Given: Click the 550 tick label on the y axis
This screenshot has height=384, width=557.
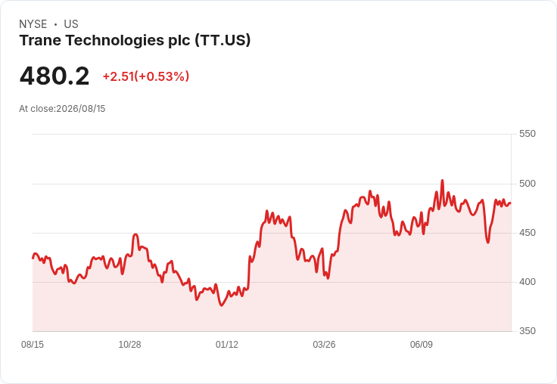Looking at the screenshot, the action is pos(527,134).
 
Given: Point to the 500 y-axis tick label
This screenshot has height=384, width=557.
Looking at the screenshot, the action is pos(527,184).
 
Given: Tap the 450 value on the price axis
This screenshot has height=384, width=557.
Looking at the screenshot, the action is pos(527,233).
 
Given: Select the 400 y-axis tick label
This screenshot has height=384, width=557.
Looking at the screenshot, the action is pos(527,282).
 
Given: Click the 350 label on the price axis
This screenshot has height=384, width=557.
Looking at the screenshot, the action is pos(527,331).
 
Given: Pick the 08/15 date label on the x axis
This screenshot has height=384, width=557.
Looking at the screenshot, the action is pos(33,344).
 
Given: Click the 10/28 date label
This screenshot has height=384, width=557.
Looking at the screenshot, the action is pos(129,344).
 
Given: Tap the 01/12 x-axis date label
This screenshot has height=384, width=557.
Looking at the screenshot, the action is pos(227,344).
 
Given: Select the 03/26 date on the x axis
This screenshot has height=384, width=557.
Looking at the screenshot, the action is pos(324,344).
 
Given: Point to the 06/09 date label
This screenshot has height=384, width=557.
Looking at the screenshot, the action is pos(422,344).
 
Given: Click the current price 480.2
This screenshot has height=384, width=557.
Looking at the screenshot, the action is pos(54,76).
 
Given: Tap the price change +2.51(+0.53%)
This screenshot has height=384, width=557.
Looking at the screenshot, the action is pos(145,76).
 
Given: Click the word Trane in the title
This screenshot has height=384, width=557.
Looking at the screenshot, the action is pos(41,40).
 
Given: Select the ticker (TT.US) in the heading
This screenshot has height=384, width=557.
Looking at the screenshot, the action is pos(222,41).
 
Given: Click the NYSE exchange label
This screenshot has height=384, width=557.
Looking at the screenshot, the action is pos(33,24).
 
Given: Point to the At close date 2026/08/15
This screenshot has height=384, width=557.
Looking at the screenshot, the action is pos(81,109).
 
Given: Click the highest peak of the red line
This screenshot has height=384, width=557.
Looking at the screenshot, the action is pos(442,181).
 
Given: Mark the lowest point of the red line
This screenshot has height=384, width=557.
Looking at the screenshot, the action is pos(222,305).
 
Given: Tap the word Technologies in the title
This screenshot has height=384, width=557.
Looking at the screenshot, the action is pos(115,41).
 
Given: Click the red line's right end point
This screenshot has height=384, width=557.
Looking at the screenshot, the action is pos(511,203).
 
